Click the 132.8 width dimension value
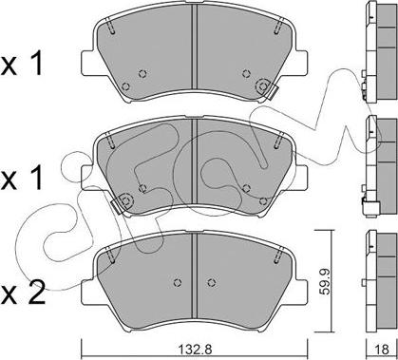pos(195,350)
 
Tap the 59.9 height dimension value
pos(325,280)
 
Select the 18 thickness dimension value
pos(383,350)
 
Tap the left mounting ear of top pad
pos(87,63)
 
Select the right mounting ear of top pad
pos(301,63)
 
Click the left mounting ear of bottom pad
pos(87,292)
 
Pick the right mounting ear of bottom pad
pos(301,292)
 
